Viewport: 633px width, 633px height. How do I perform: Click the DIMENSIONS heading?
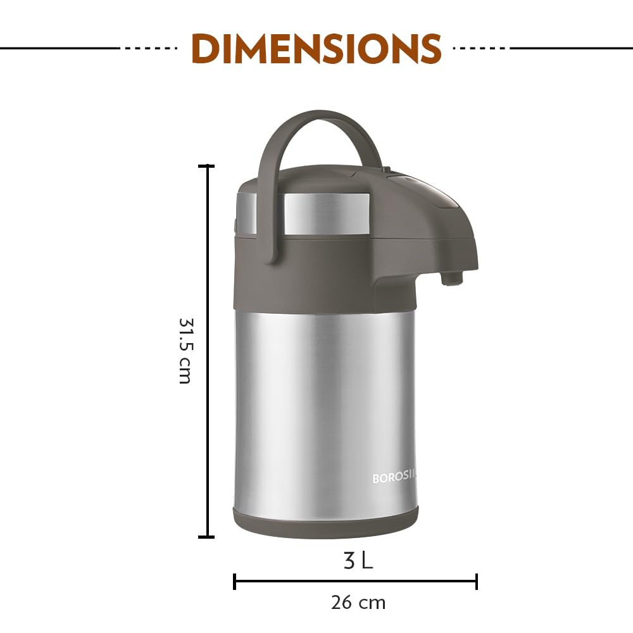click(316, 48)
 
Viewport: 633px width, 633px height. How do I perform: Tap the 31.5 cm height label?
click(184, 351)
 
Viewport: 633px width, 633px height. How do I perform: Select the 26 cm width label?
click(358, 602)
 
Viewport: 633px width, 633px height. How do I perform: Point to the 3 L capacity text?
click(358, 560)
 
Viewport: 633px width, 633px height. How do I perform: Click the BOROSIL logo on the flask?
click(394, 479)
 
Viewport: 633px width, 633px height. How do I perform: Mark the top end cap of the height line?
click(206, 166)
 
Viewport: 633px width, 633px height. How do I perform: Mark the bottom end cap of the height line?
click(206, 537)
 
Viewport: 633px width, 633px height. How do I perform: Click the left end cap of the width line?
click(235, 581)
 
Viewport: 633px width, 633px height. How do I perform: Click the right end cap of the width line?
click(477, 581)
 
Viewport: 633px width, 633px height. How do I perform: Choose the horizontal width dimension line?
click(354, 581)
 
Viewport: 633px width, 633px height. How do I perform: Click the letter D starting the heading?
click(206, 48)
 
